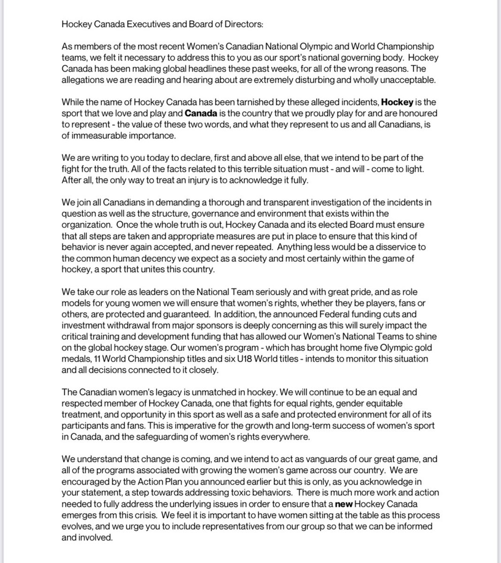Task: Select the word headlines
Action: (x=192, y=69)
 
